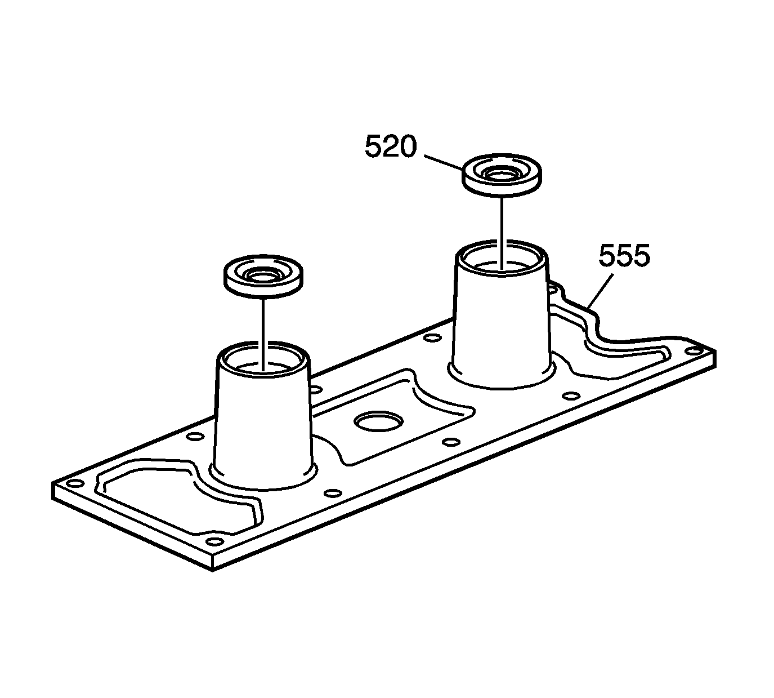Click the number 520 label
[x=391, y=147]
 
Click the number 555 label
[x=624, y=256]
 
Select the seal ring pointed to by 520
[x=502, y=176]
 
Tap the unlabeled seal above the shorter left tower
[x=263, y=276]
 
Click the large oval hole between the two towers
[x=378, y=421]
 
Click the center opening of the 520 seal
[x=502, y=175]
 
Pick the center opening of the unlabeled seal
[x=263, y=275]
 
